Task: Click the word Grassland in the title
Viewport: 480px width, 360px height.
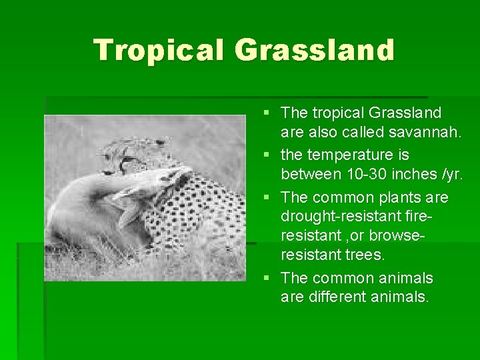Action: (315, 51)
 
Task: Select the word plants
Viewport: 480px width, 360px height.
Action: (394, 198)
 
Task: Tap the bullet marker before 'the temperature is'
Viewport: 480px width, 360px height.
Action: (268, 155)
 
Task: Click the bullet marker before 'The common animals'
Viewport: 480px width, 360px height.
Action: (268, 278)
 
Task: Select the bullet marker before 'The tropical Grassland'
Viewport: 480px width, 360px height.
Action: (268, 113)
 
